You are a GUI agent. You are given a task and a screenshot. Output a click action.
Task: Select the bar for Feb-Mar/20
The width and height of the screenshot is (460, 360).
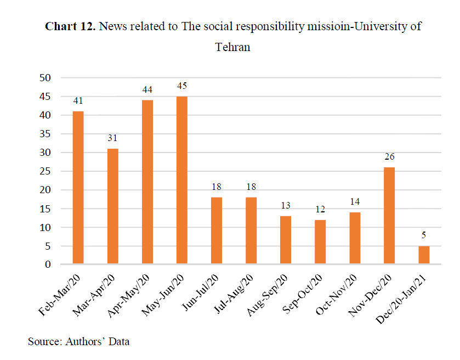[x=78, y=188]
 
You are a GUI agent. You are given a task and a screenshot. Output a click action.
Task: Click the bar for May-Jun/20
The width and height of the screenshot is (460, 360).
[x=181, y=181]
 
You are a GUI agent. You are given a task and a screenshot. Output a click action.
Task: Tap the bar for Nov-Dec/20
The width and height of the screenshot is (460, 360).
[x=389, y=216]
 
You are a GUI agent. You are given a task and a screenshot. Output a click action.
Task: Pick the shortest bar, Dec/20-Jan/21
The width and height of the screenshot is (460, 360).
[x=423, y=255]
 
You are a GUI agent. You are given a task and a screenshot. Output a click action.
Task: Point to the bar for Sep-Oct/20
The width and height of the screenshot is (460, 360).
[x=320, y=242]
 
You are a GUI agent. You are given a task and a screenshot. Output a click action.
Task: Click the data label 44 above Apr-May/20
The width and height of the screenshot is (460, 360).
[x=147, y=89]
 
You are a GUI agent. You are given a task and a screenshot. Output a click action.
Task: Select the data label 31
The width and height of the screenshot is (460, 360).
[x=112, y=138]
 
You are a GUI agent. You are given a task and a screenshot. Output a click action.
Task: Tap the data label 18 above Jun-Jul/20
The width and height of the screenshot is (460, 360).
[x=216, y=187]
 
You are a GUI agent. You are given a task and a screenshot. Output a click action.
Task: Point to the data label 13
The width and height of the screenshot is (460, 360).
[x=285, y=205]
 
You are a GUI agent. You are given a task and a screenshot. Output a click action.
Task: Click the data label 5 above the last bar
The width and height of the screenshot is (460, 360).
[x=423, y=236]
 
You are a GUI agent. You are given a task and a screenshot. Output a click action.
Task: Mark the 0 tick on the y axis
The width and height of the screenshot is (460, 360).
[x=48, y=265]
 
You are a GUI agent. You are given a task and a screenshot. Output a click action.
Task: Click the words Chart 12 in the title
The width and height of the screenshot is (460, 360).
[x=70, y=27]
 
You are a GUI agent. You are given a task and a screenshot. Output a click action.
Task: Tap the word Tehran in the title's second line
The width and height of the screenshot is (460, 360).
[x=232, y=47]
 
